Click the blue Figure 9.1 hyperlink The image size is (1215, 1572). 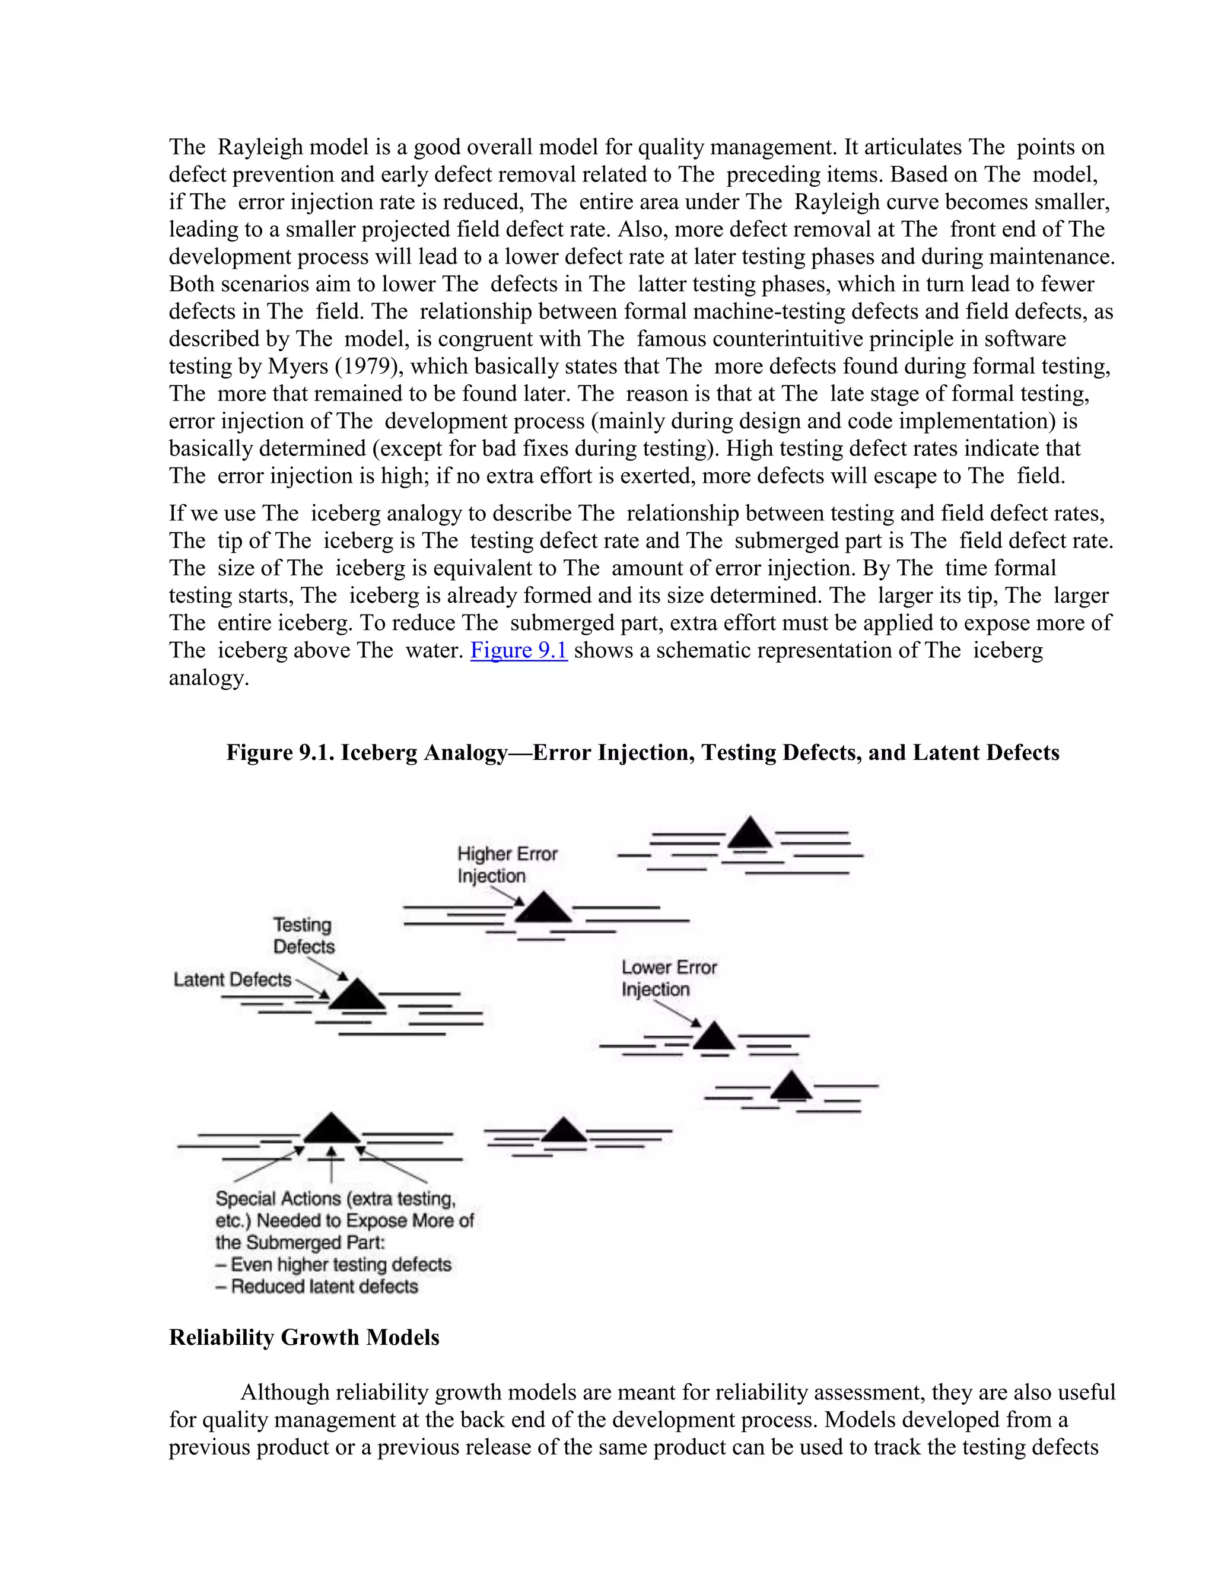click(x=519, y=650)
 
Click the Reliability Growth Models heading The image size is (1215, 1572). click(x=304, y=1336)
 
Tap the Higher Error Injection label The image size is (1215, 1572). click(x=507, y=864)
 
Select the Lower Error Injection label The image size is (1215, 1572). click(x=669, y=978)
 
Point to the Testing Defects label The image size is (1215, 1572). click(x=303, y=935)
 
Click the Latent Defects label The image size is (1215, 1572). click(x=232, y=979)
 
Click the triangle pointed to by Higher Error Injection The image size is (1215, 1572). click(x=543, y=909)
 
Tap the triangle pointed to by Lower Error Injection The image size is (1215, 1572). click(x=713, y=1037)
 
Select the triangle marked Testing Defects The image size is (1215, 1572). click(x=358, y=995)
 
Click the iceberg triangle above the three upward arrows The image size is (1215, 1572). click(x=330, y=1129)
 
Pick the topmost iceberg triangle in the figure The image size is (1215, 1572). click(x=750, y=833)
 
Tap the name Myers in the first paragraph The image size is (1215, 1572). click(x=297, y=367)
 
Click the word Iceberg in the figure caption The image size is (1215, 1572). click(x=379, y=752)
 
